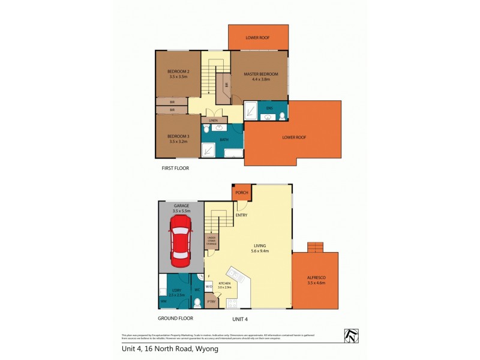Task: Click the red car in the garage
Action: [181, 241]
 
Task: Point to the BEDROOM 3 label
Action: [178, 137]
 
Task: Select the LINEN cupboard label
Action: [213, 121]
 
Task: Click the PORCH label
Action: [241, 193]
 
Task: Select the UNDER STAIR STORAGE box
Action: [211, 241]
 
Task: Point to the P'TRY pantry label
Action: [210, 302]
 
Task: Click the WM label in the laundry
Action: [163, 301]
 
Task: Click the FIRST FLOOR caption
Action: [175, 169]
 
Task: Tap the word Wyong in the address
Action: [206, 348]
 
